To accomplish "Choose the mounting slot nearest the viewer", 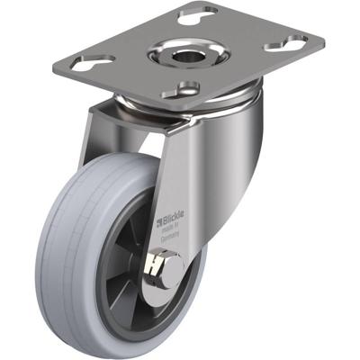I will [187, 87].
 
